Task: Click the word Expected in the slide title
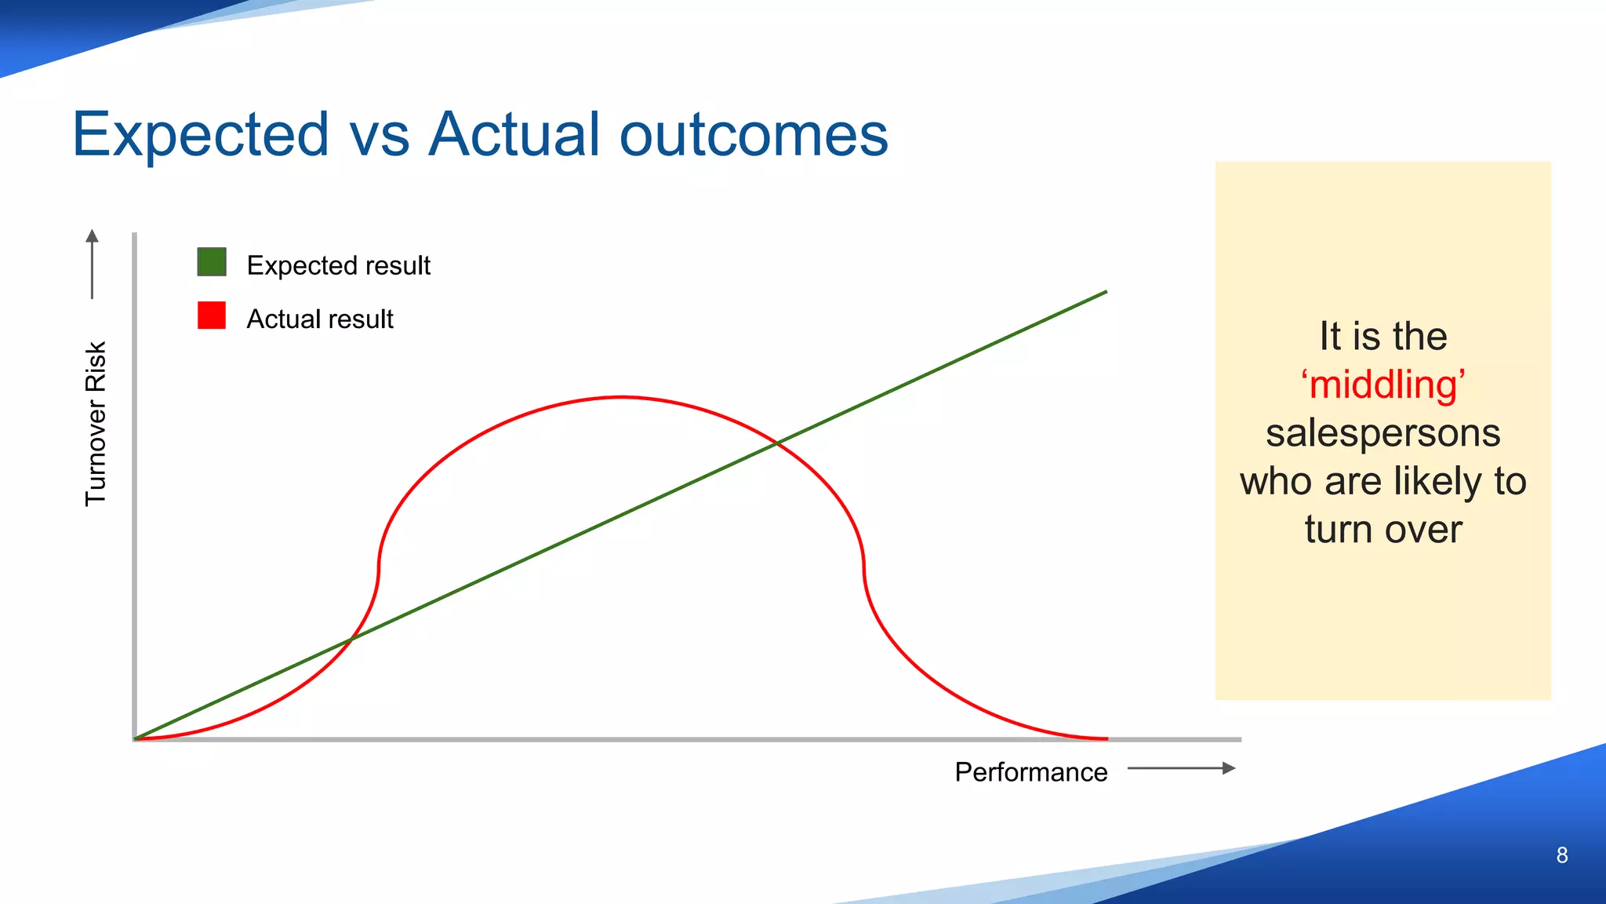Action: (200, 135)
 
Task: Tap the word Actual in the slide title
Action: (514, 133)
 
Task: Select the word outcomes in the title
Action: (754, 135)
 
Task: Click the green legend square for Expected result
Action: (212, 262)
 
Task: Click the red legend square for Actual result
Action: (212, 315)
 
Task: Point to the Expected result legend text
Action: (338, 265)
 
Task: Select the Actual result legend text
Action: (320, 319)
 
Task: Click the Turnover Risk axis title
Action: (96, 424)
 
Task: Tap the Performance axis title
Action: (1030, 772)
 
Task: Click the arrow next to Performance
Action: (1181, 768)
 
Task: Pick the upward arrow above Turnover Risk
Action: (93, 263)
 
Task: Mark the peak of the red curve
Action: (621, 398)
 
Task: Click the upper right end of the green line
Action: (1105, 292)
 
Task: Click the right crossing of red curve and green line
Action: (776, 443)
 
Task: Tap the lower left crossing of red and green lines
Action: (351, 640)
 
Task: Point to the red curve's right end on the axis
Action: (1106, 738)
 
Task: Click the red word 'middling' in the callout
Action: (1383, 385)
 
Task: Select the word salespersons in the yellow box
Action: (1383, 433)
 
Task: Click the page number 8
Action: (1561, 855)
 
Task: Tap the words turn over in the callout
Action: (1383, 529)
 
